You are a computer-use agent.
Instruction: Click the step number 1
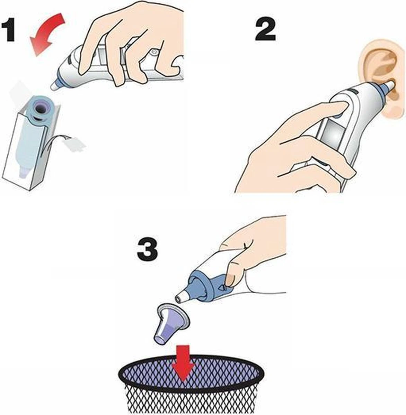click(x=9, y=30)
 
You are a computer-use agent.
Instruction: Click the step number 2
click(x=265, y=30)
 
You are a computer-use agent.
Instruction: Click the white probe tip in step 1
click(x=54, y=86)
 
